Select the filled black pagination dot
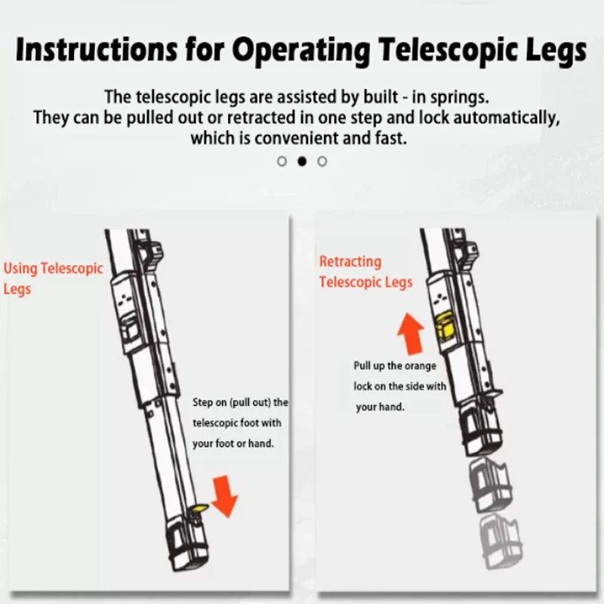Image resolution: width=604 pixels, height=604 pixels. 302,161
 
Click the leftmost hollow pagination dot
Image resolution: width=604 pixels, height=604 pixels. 282,161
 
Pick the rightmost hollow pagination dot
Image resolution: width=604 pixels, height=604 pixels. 322,161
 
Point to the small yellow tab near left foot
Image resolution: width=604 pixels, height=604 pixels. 199,511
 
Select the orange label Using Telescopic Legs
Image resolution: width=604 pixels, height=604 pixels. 53,279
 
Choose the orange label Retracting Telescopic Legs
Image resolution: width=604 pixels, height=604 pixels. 365,272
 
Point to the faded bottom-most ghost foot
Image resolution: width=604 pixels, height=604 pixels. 499,537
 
